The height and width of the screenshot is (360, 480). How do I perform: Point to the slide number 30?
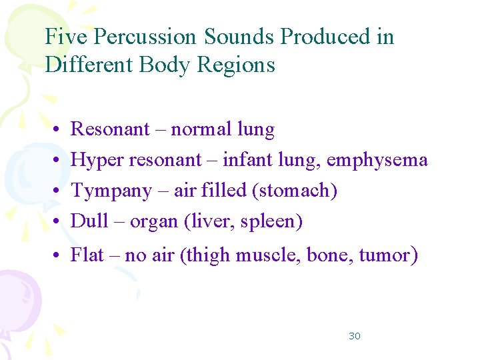(x=355, y=336)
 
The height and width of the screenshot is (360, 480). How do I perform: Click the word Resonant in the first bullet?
(x=110, y=129)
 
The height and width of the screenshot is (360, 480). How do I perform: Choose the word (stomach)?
(x=295, y=191)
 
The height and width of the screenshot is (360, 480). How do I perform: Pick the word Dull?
(x=89, y=221)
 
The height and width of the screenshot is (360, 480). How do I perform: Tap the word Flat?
(x=87, y=255)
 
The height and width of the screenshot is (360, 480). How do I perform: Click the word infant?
(x=244, y=160)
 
